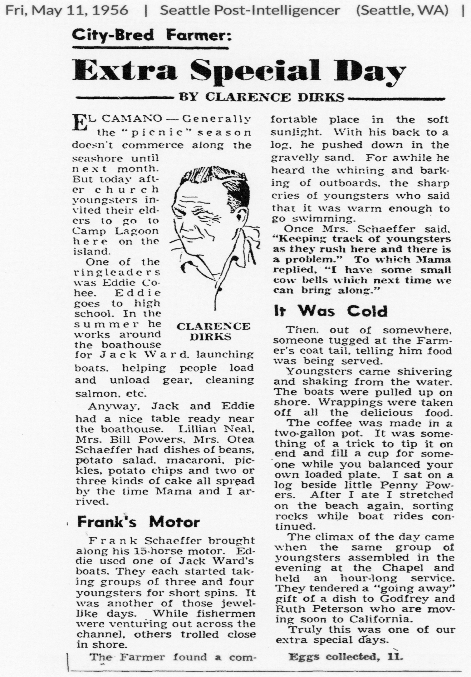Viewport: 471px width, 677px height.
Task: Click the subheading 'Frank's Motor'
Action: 138,522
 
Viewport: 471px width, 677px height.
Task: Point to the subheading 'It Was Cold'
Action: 331,311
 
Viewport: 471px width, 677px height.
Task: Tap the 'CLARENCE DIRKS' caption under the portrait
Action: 213,331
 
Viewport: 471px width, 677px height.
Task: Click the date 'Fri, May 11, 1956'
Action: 67,11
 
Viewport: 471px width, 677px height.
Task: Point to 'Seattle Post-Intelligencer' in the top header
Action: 250,11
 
